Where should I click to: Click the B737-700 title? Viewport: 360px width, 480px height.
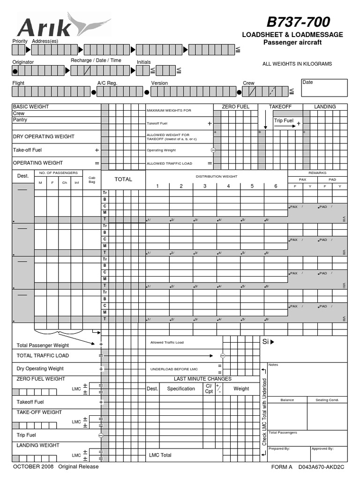pyautogui.click(x=298, y=22)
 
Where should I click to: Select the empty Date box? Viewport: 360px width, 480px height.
pyautogui.click(x=324, y=87)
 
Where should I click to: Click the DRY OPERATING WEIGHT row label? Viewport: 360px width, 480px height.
pyautogui.click(x=43, y=137)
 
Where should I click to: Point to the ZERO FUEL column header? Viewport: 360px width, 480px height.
pyautogui.click(x=235, y=107)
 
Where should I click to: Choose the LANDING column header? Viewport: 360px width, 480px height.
pyautogui.click(x=325, y=107)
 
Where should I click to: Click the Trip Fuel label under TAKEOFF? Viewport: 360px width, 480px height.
pyautogui.click(x=284, y=121)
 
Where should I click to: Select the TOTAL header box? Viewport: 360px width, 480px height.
pyautogui.click(x=123, y=179)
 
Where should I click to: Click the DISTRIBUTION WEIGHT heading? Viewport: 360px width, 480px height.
pyautogui.click(x=216, y=176)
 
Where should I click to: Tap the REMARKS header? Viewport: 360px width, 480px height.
pyautogui.click(x=317, y=173)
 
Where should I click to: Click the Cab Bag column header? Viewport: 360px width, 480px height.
pyautogui.click(x=92, y=180)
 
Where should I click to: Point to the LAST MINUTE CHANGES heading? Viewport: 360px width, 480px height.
pyautogui.click(x=202, y=379)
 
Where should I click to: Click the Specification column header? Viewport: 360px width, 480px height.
pyautogui.click(x=181, y=389)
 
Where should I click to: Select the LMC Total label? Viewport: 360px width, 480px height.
pyautogui.click(x=160, y=455)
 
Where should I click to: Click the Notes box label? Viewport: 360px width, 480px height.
pyautogui.click(x=274, y=365)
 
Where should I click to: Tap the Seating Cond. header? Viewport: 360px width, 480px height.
pyautogui.click(x=327, y=400)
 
